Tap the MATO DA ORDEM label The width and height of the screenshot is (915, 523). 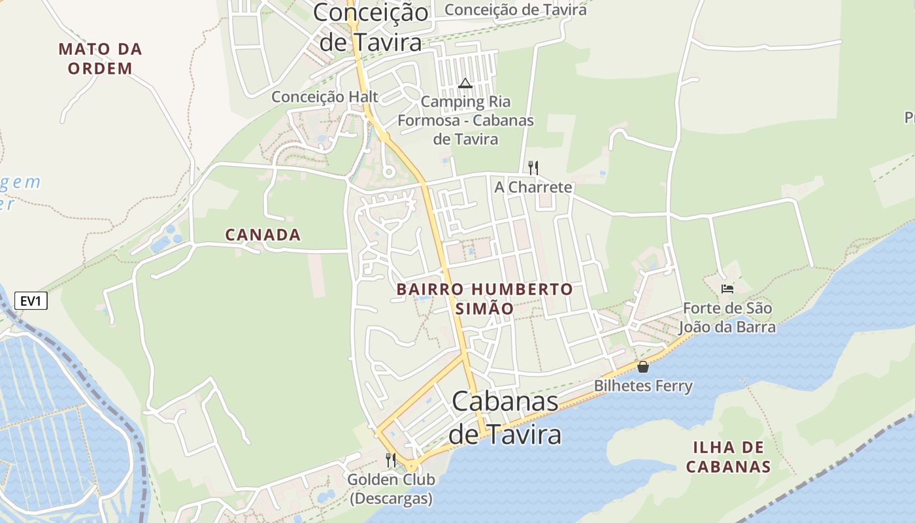click(x=100, y=58)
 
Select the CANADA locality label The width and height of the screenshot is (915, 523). click(x=263, y=235)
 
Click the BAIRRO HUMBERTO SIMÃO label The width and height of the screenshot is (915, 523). click(x=484, y=298)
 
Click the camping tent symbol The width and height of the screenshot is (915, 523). click(x=465, y=83)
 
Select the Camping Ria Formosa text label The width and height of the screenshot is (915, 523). click(x=465, y=120)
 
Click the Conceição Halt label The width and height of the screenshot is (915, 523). click(x=325, y=97)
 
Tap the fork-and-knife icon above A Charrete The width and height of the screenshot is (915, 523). click(x=533, y=167)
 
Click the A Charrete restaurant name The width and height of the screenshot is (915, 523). click(x=533, y=187)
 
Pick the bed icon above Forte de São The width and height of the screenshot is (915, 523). click(x=727, y=288)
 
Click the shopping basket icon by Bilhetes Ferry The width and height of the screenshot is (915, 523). click(x=643, y=367)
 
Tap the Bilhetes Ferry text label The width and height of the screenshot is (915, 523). click(x=643, y=386)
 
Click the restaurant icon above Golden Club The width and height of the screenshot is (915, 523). click(x=391, y=460)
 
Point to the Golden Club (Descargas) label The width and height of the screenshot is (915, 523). click(x=391, y=489)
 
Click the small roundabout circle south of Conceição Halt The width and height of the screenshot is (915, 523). click(x=388, y=172)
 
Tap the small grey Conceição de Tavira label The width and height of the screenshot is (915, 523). click(x=516, y=9)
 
